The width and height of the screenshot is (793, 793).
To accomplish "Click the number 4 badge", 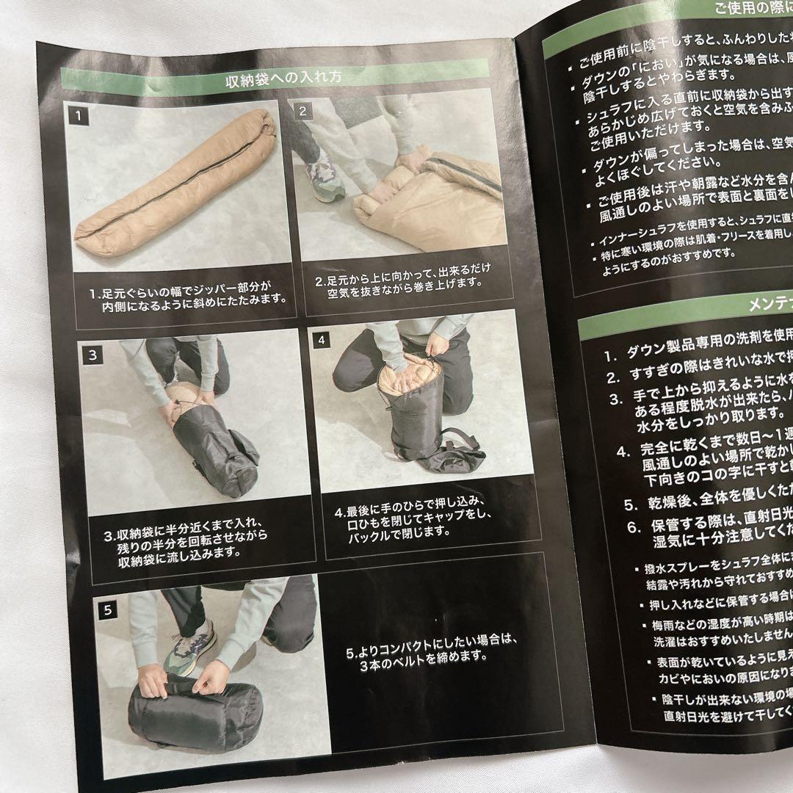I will coord(322,340).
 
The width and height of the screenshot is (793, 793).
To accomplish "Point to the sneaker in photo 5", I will coord(191,646).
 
